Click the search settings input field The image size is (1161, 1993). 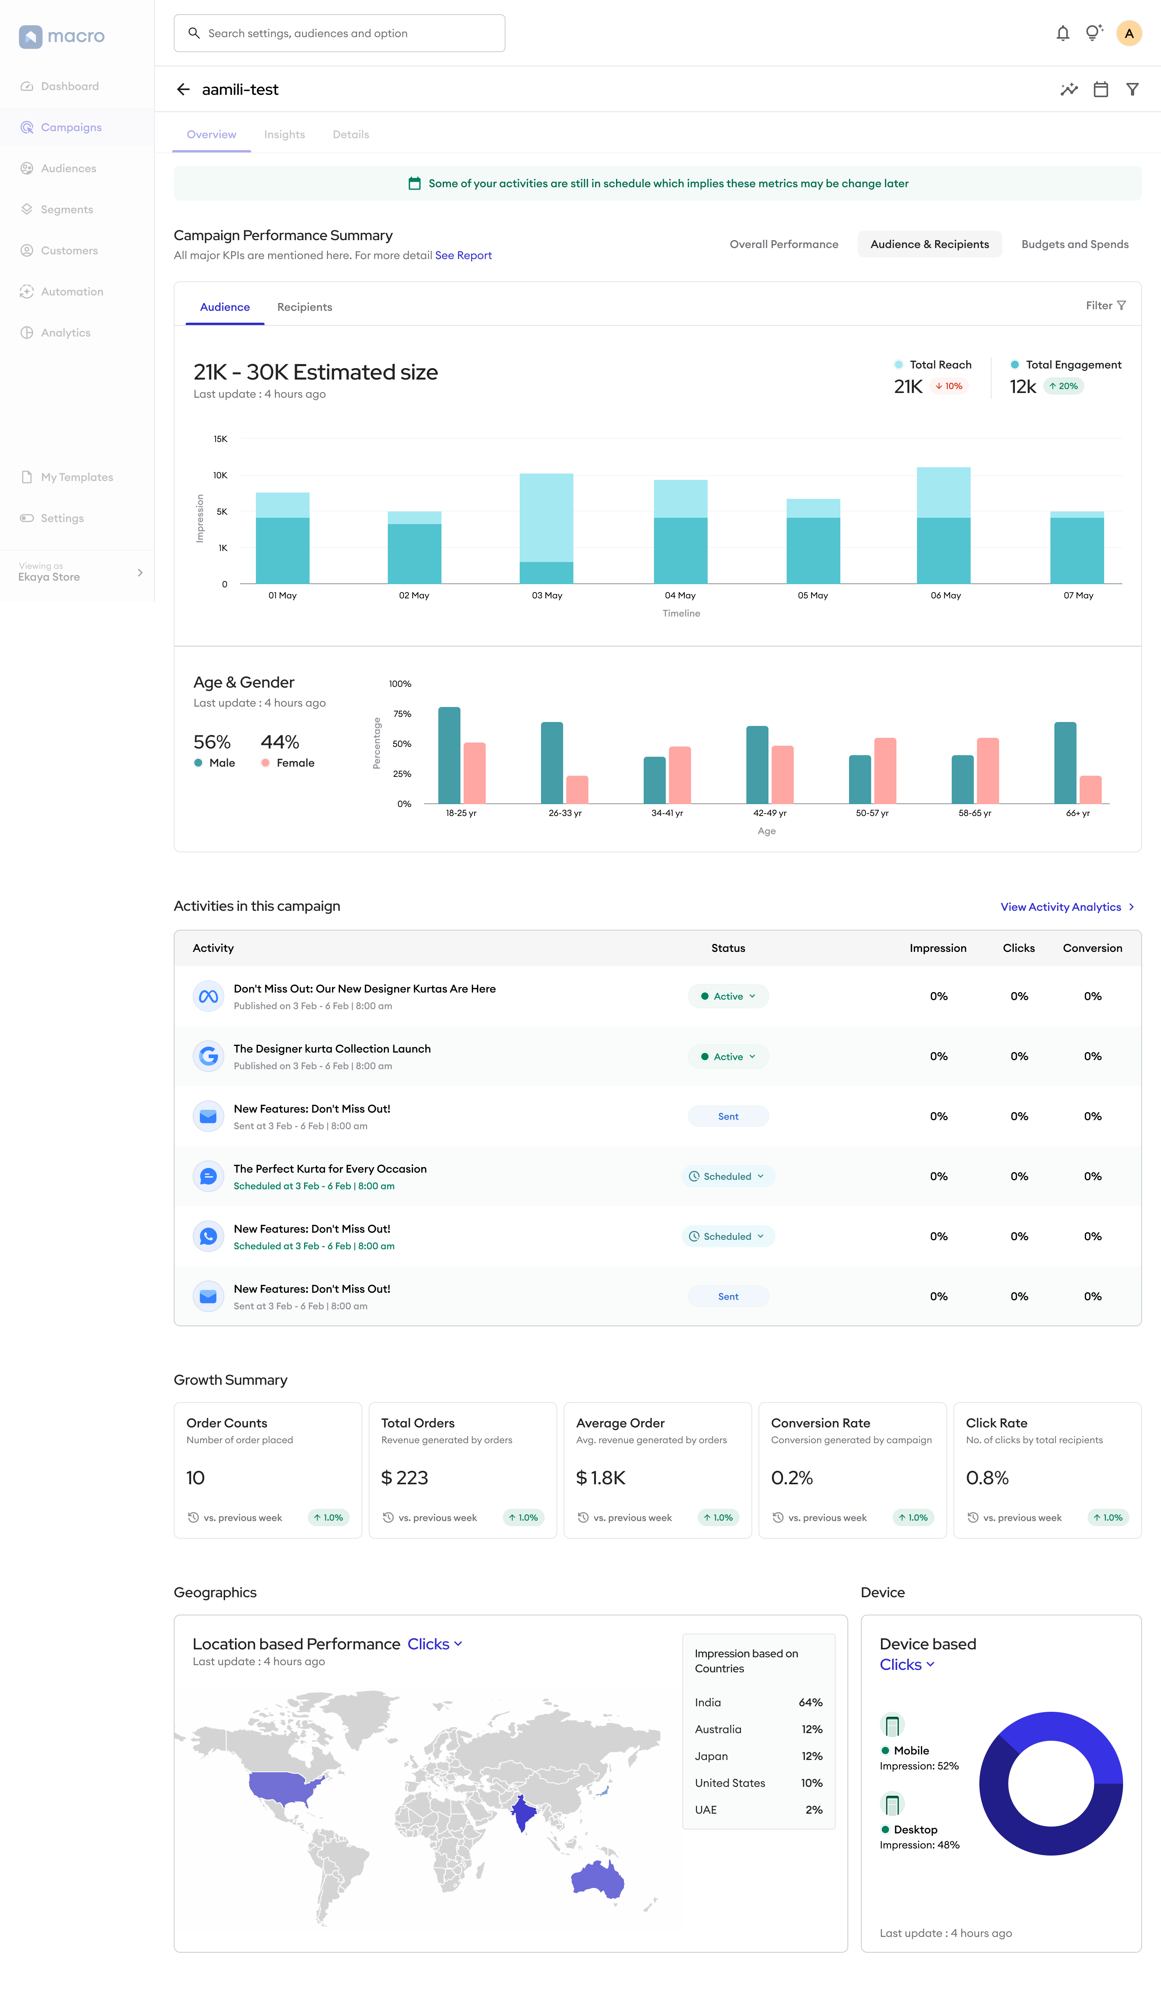(339, 33)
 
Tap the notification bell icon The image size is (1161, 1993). (1063, 33)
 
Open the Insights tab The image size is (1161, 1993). (284, 134)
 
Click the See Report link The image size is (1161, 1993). (464, 256)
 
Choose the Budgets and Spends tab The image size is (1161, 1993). (1075, 244)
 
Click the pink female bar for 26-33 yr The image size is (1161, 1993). (577, 789)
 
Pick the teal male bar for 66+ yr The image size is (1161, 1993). (1065, 762)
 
